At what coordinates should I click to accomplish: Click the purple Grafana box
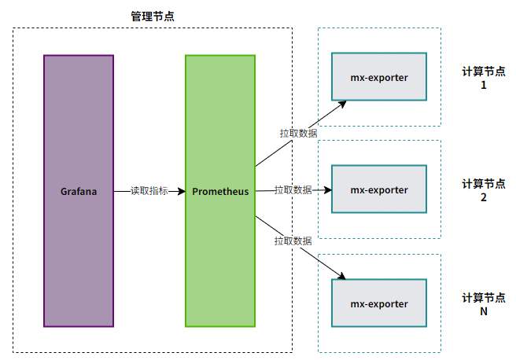79,191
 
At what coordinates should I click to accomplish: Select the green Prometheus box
220,191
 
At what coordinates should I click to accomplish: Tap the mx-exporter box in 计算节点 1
379,76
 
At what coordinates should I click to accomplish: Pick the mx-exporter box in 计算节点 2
379,189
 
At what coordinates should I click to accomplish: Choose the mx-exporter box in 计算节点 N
379,303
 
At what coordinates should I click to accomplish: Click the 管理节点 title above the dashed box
153,16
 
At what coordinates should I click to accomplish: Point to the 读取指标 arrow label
149,191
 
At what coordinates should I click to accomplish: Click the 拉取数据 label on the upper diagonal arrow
298,133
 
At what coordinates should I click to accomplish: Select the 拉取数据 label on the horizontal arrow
293,189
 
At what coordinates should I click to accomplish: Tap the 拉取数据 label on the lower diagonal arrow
293,241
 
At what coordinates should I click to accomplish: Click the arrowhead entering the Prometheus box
182,191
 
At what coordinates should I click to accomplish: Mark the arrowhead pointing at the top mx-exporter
343,105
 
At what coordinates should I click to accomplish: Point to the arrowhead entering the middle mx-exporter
328,189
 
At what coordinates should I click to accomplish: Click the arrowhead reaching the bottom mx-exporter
341,276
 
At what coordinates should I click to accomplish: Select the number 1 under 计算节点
484,85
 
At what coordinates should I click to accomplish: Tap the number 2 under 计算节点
484,197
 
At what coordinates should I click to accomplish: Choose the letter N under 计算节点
484,311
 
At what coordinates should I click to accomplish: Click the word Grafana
79,191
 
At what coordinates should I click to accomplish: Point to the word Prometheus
220,191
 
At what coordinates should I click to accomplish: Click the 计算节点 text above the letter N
484,298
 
